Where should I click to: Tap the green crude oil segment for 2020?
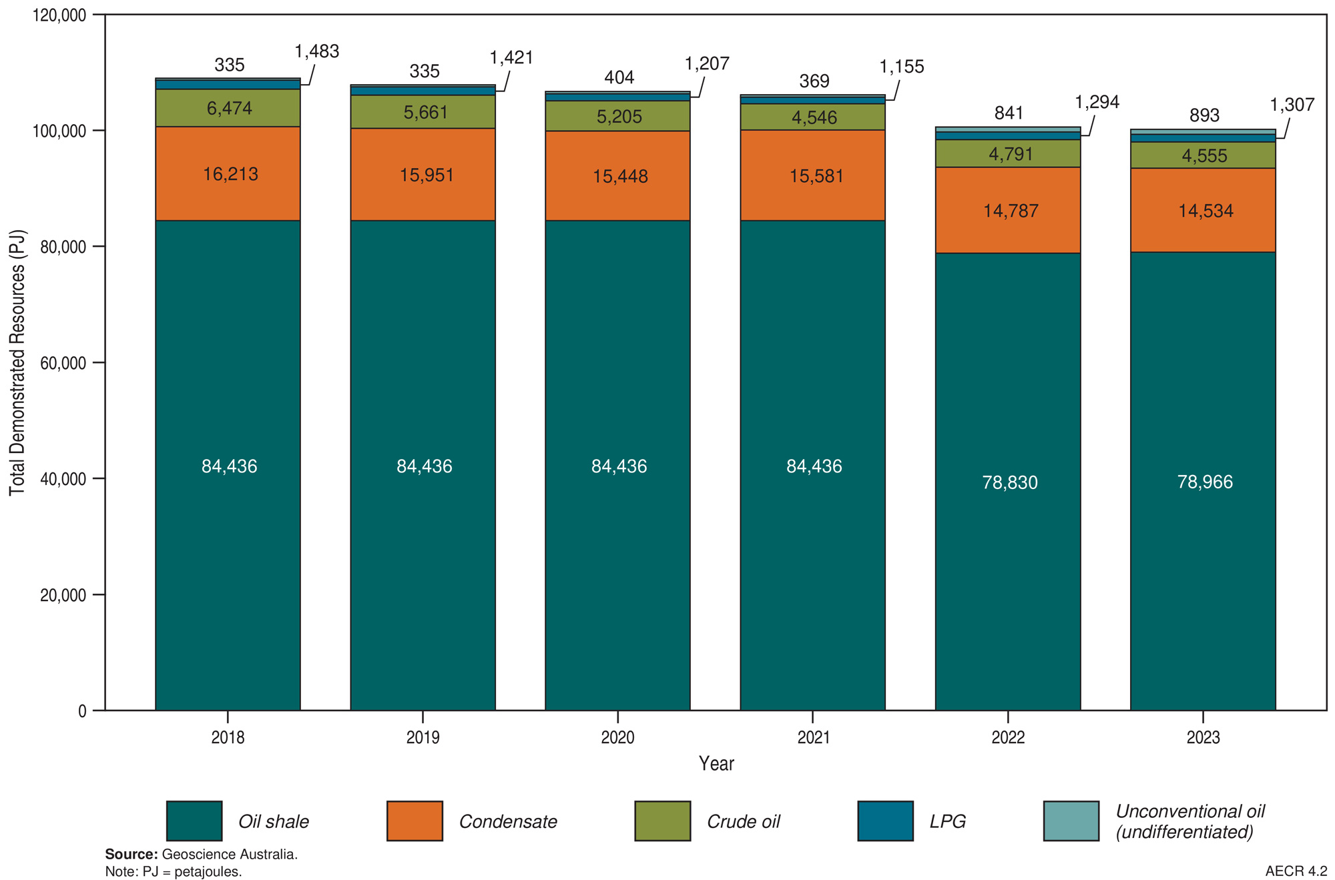pyautogui.click(x=618, y=116)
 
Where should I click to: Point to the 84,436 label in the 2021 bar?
pyautogui.click(x=814, y=466)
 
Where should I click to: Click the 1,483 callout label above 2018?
pyautogui.click(x=316, y=51)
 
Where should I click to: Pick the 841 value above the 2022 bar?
pyautogui.click(x=1009, y=113)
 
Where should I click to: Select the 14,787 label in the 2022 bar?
pyautogui.click(x=1011, y=211)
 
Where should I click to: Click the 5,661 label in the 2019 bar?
pyautogui.click(x=425, y=112)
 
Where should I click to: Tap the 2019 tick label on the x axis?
pyautogui.click(x=423, y=737)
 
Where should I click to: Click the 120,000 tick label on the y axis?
pyautogui.click(x=59, y=15)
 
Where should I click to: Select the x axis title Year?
pyautogui.click(x=716, y=763)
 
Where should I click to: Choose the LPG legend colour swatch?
pyautogui.click(x=885, y=821)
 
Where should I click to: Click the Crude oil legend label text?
pyautogui.click(x=743, y=821)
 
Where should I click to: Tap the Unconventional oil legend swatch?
pyautogui.click(x=1071, y=821)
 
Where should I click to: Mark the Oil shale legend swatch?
pyautogui.click(x=194, y=821)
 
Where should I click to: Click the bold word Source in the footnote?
pyautogui.click(x=131, y=854)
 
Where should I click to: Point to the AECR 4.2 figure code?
pyautogui.click(x=1296, y=871)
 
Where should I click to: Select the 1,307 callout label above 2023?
pyautogui.click(x=1292, y=105)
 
